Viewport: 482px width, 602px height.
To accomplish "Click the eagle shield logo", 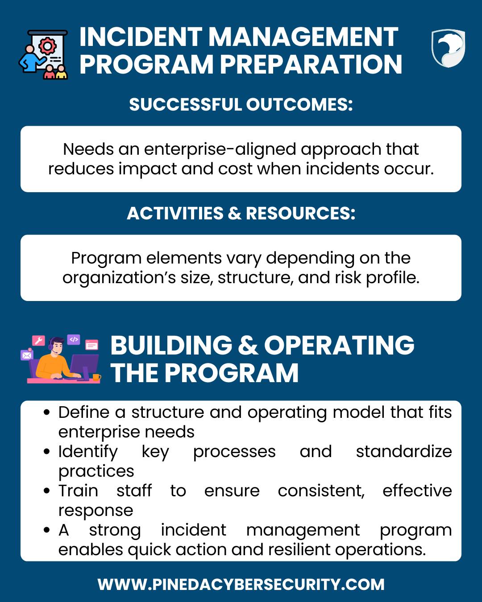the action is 448,48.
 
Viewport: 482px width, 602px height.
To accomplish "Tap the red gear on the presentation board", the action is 47,45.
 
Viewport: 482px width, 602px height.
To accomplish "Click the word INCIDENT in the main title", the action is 141,37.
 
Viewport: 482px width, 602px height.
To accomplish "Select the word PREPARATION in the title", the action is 311,64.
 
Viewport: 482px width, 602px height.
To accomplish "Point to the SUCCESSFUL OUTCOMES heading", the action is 241,104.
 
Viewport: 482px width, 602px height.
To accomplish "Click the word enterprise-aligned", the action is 220,149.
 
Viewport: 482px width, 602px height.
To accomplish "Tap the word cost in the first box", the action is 235,169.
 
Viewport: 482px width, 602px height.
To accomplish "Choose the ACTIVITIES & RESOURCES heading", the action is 241,213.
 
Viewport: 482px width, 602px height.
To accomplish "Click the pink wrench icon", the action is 38,341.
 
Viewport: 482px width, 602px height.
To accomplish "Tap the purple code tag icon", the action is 74,340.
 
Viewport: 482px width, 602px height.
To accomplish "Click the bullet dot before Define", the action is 47,412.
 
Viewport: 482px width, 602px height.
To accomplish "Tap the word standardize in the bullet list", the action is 404,452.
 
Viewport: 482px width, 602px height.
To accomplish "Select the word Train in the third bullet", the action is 78,491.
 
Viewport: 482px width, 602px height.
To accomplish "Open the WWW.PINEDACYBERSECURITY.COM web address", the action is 241,585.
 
